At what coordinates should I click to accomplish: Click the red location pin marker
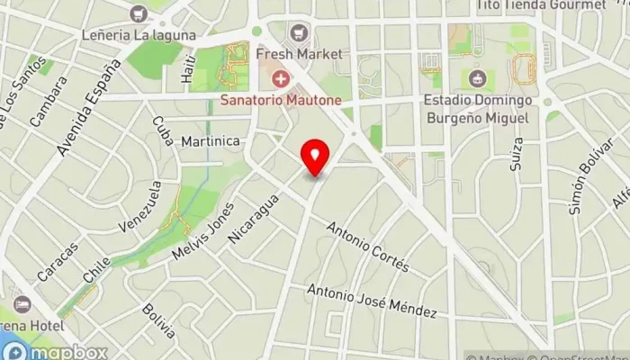point(314,157)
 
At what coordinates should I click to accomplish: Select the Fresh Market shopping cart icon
point(295,34)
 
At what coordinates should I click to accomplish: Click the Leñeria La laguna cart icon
point(138,13)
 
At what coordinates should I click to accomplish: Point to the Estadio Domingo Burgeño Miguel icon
point(477,79)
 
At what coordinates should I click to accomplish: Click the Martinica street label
point(210,142)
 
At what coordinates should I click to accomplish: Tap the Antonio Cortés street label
point(368,247)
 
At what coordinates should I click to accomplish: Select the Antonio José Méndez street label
point(372,301)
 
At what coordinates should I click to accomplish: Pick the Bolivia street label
point(157,322)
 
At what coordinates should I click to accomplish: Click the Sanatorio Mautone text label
point(281,101)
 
